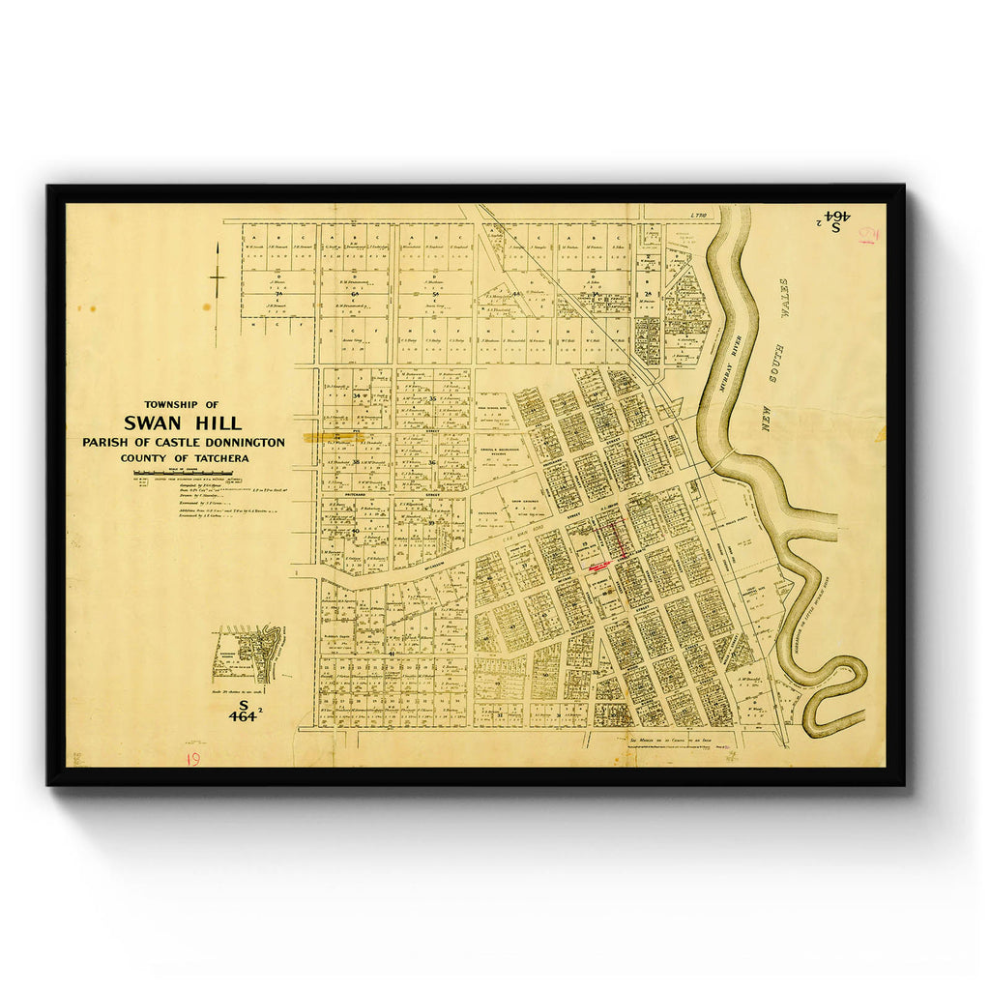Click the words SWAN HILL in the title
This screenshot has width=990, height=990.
coord(183,422)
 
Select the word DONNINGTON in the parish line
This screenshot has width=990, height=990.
coord(242,442)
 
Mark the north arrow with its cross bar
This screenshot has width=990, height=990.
coord(218,278)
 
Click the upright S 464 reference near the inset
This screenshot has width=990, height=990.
coord(242,712)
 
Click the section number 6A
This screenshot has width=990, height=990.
coord(356,294)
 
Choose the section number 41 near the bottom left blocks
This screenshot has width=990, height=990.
coord(392,654)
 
